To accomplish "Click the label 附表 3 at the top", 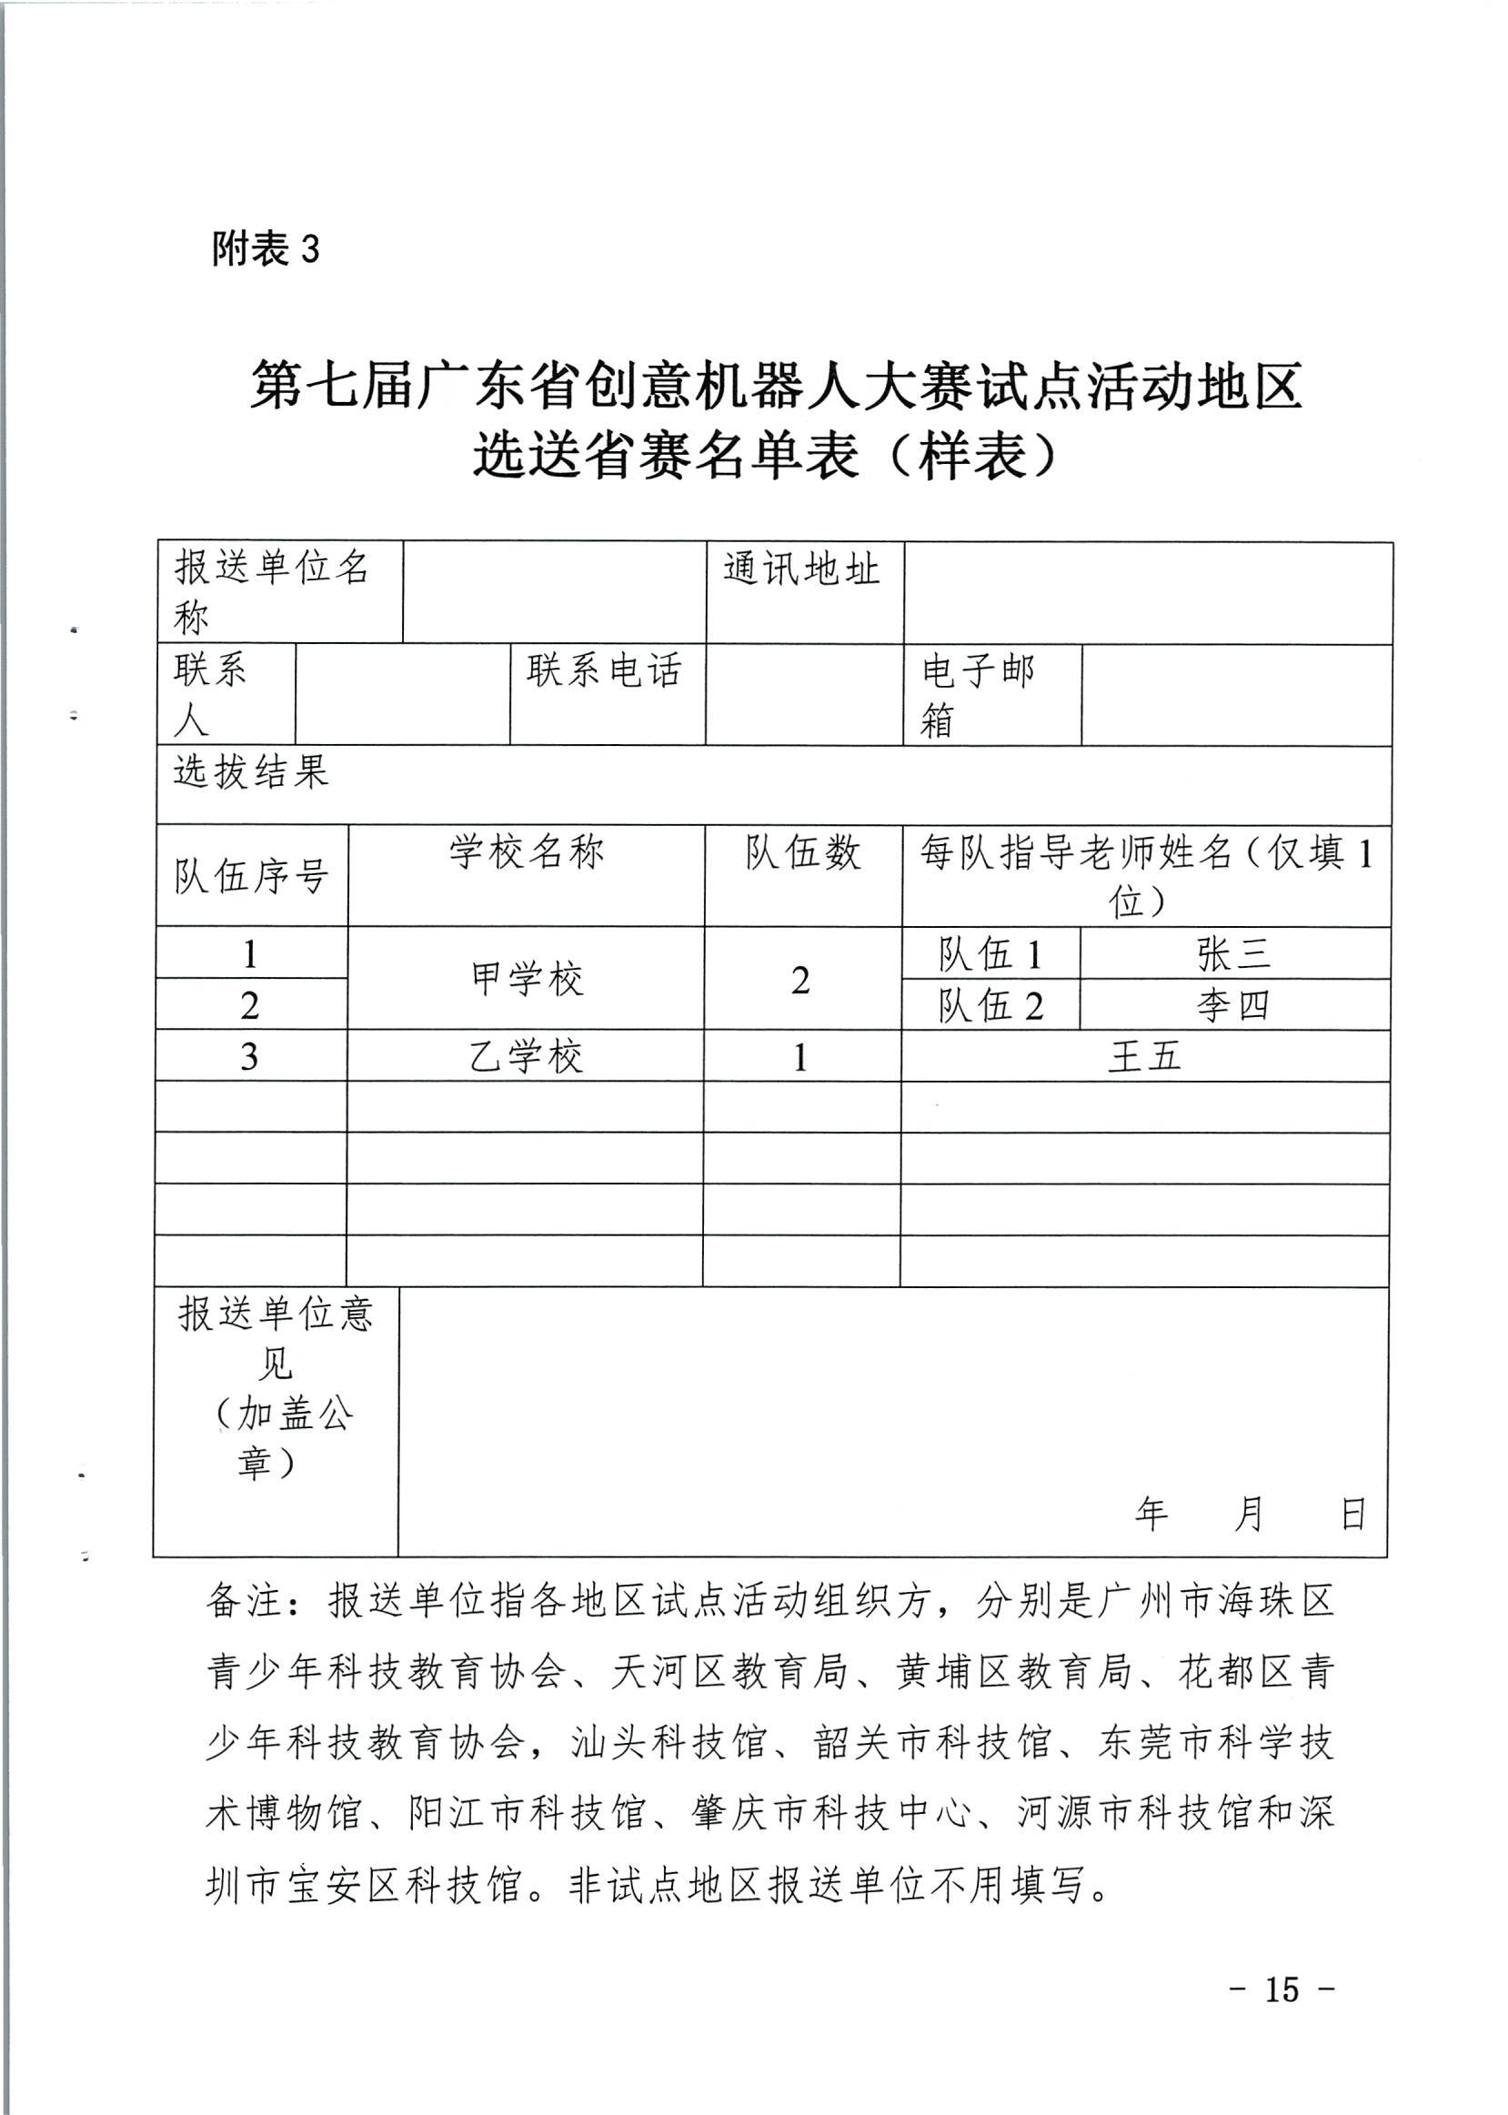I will [x=266, y=249].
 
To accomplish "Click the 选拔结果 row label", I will [x=252, y=771].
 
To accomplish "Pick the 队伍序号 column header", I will [x=252, y=875].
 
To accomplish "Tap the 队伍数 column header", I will [x=802, y=852].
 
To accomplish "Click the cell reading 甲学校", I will [x=527, y=980].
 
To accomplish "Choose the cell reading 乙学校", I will [x=527, y=1056].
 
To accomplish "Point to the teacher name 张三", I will [x=1233, y=953].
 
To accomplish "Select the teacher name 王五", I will [x=1145, y=1056].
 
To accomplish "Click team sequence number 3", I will [x=250, y=1056].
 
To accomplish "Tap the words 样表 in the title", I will [x=973, y=455].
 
